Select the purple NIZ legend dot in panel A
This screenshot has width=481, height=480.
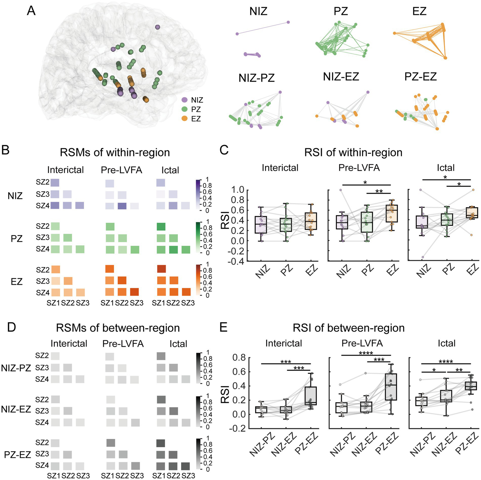tap(185, 100)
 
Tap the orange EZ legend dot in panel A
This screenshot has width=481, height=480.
tap(185, 119)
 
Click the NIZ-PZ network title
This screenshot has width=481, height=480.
tap(256, 78)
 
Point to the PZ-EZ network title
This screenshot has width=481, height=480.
tap(421, 76)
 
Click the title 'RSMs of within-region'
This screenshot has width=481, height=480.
tap(115, 153)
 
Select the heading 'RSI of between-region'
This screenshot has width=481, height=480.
tap(348, 328)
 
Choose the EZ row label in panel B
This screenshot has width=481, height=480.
tap(16, 281)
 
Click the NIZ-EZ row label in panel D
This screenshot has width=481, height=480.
tap(16, 409)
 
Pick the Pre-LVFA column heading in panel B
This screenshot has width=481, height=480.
tap(121, 170)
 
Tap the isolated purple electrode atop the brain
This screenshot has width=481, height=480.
tap(158, 27)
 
